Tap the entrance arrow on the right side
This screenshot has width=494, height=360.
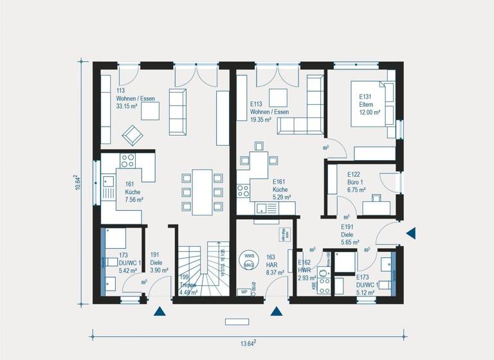[x=411, y=233]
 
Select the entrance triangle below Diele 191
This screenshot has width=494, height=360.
[x=160, y=312]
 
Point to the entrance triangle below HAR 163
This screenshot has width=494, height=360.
[x=277, y=312]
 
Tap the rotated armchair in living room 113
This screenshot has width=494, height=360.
[x=133, y=135]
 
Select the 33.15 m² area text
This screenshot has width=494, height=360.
[x=127, y=107]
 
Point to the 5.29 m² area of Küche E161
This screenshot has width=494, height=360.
[x=280, y=198]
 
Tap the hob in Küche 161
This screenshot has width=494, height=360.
[x=127, y=161]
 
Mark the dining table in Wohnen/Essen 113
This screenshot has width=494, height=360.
[x=202, y=191]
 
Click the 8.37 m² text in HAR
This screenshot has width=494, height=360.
[x=275, y=273]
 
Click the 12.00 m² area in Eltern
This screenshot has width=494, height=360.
[x=369, y=112]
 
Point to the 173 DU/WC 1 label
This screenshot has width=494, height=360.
[x=129, y=258]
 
